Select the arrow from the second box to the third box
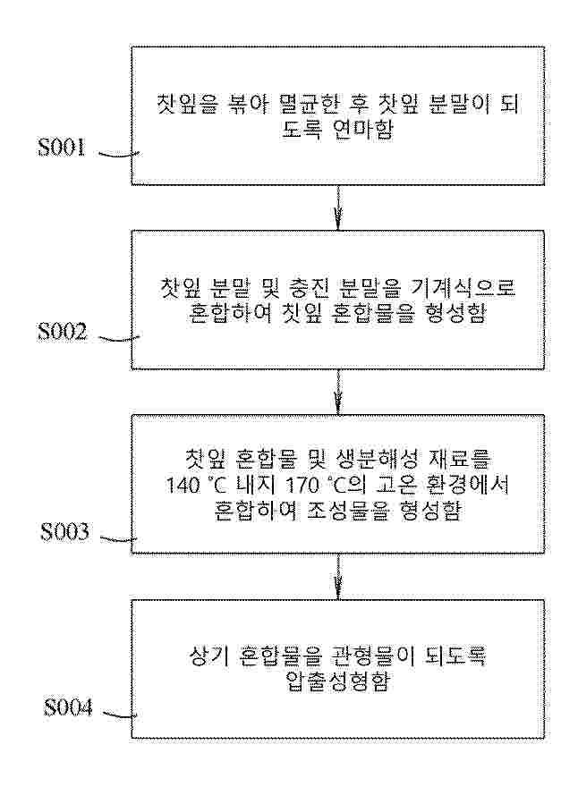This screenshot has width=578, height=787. (x=337, y=392)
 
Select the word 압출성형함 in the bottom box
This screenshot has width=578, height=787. (x=336, y=682)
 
